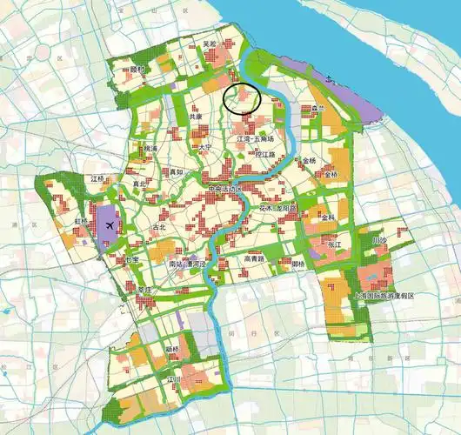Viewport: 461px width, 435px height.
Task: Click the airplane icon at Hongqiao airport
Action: [109, 226]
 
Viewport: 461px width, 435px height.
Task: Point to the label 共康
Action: [196, 116]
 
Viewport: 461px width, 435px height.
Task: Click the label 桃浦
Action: [150, 149]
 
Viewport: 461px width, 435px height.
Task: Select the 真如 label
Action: [176, 172]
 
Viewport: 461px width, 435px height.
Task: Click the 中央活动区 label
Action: [228, 188]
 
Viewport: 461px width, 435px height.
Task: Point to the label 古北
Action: [157, 227]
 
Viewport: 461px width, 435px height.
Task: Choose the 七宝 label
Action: [131, 259]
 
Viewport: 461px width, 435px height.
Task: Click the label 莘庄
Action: [144, 290]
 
